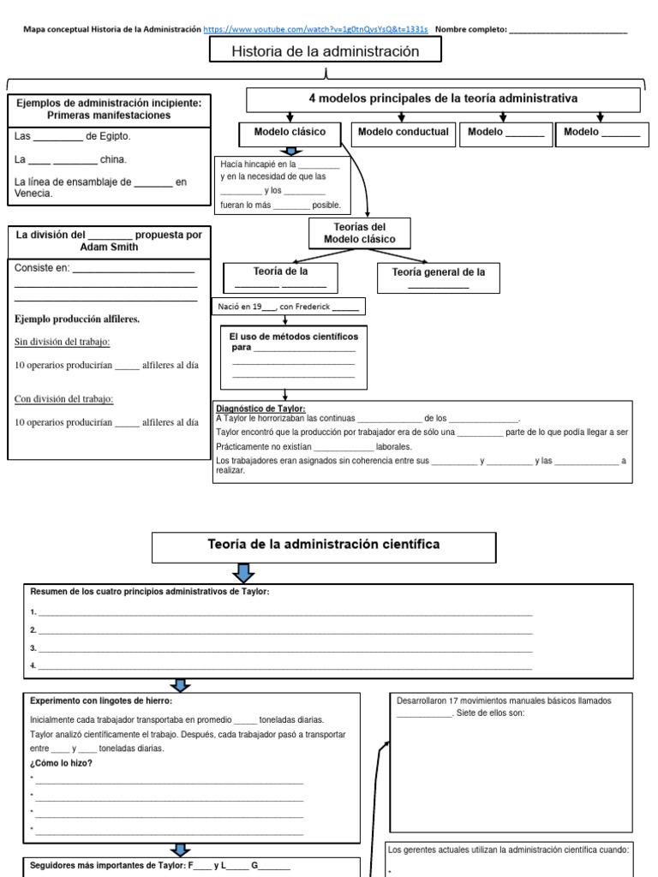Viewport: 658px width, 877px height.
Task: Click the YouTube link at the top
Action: click(x=315, y=29)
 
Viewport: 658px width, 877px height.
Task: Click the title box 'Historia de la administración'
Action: click(x=326, y=51)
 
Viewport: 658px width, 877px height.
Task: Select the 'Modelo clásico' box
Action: click(x=290, y=133)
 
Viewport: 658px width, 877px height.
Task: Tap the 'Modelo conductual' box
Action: click(x=403, y=133)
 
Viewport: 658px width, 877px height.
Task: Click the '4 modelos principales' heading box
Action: click(x=443, y=99)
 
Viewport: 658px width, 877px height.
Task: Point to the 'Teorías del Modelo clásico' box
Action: click(x=360, y=233)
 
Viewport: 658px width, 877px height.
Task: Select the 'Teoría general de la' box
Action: click(x=439, y=277)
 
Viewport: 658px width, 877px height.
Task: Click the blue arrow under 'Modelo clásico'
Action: click(x=290, y=151)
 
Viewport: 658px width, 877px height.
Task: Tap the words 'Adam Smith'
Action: click(x=109, y=247)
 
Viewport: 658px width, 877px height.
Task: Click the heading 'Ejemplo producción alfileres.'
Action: click(x=77, y=319)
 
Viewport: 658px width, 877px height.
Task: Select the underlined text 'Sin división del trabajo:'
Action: click(x=63, y=343)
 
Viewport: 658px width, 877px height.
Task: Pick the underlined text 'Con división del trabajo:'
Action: click(x=64, y=399)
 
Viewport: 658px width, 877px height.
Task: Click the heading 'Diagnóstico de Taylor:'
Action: click(x=260, y=409)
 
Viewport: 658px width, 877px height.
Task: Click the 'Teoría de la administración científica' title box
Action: click(x=324, y=546)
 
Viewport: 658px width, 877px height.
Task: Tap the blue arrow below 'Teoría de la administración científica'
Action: click(x=243, y=572)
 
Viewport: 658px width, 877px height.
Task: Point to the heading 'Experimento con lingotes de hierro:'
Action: click(x=100, y=701)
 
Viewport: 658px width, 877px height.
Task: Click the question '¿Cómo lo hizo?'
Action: click(x=61, y=763)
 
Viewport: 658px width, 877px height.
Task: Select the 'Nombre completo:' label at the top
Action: click(x=470, y=29)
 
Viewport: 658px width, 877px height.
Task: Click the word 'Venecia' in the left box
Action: click(x=33, y=194)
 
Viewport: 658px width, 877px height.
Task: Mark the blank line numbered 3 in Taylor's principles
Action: click(x=283, y=648)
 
